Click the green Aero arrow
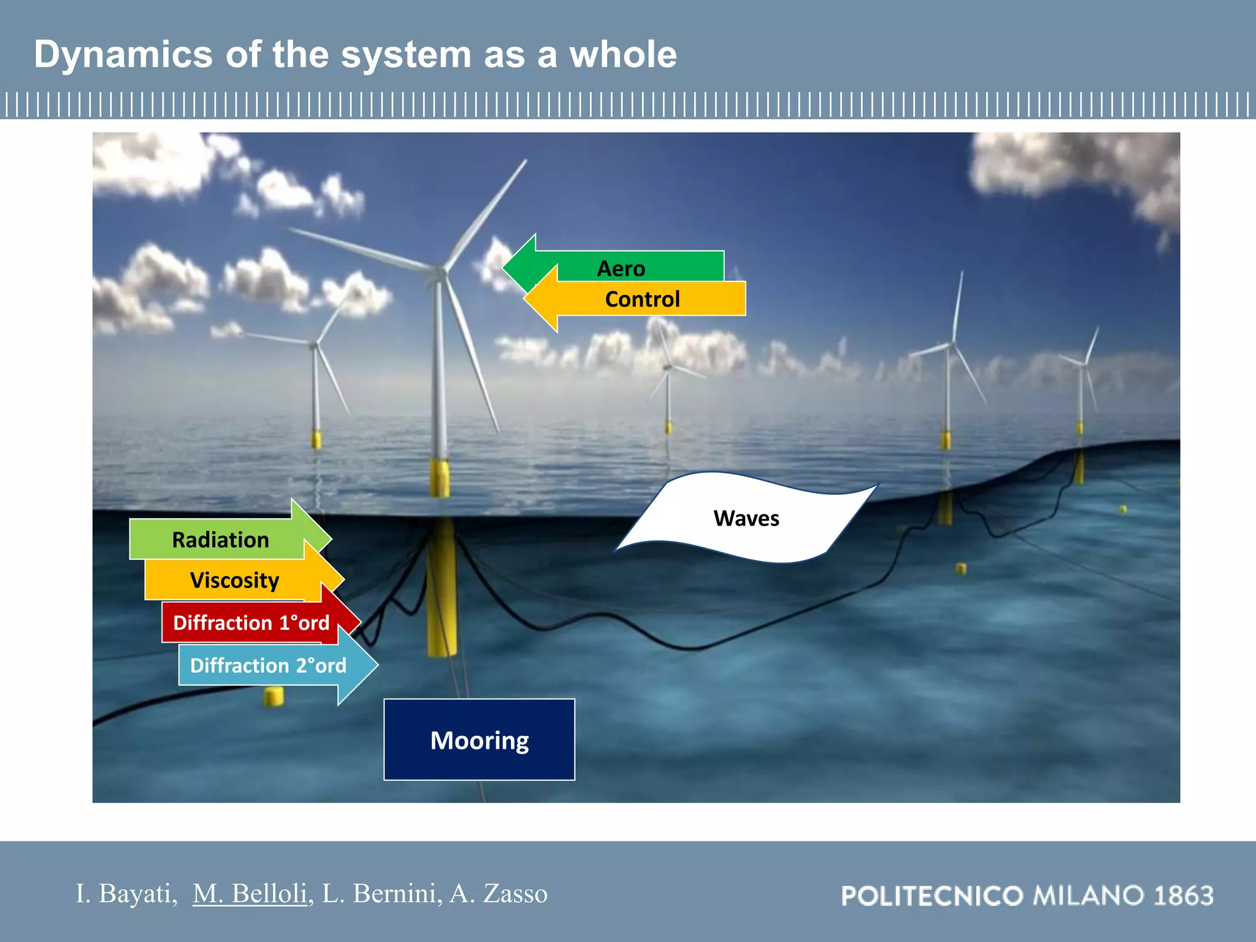click(619, 267)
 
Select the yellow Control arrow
click(641, 299)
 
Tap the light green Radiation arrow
click(221, 540)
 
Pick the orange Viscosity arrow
click(234, 580)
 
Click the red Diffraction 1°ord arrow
click(251, 623)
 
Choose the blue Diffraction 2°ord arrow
click(268, 665)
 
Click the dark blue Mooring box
click(479, 740)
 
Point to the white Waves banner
click(746, 518)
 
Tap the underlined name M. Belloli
click(250, 894)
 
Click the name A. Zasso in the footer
click(498, 894)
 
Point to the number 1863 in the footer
click(1183, 896)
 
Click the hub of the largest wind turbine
click(440, 271)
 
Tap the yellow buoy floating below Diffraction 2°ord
click(274, 696)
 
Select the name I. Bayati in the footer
click(125, 894)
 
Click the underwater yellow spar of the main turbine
click(442, 589)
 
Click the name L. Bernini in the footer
click(381, 894)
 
